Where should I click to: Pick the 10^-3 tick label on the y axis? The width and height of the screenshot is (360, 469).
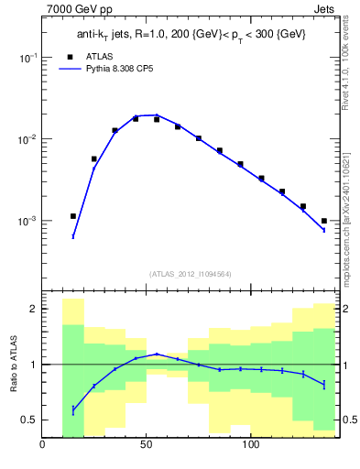[27, 222]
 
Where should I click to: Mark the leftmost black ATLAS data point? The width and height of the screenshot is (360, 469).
[73, 216]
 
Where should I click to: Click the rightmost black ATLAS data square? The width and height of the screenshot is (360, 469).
[324, 221]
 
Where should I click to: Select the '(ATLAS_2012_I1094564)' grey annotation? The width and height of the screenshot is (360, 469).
[190, 273]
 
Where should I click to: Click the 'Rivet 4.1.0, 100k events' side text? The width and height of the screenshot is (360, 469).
[345, 60]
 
